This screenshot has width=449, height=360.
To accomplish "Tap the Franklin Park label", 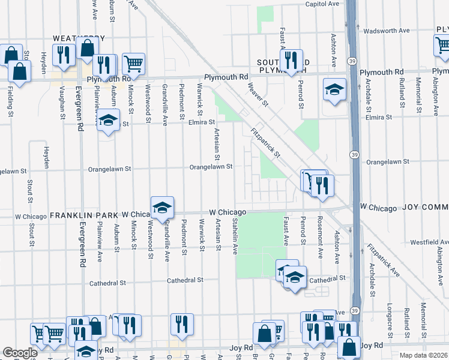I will point(85,214).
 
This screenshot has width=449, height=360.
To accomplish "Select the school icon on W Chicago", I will point(162,207).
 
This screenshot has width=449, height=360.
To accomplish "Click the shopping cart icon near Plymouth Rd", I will point(133,62).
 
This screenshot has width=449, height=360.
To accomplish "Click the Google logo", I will point(20,353).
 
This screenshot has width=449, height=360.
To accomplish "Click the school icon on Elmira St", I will point(108,121).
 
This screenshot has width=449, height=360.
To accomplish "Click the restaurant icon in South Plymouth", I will point(291,60).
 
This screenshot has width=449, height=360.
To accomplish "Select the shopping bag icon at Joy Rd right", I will point(349,346).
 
